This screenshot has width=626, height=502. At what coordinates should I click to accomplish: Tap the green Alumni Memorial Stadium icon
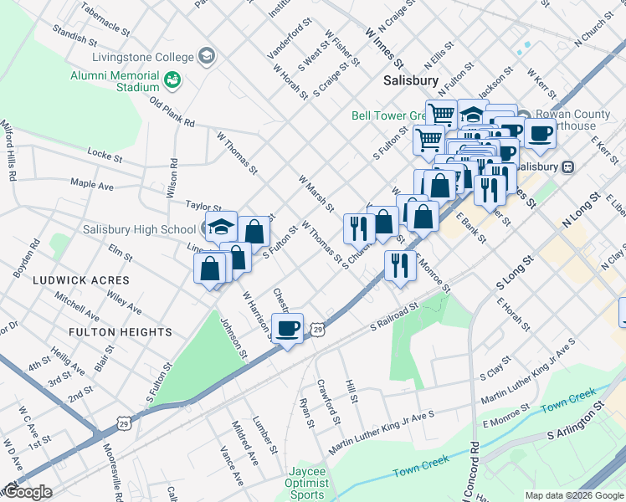(x=174, y=80)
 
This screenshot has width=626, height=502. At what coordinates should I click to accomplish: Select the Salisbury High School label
(x=139, y=229)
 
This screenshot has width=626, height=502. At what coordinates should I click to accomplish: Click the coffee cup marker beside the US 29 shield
(x=288, y=329)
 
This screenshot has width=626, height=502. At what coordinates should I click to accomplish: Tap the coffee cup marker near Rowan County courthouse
(x=540, y=133)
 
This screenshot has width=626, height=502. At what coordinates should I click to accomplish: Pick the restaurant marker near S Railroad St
(x=400, y=266)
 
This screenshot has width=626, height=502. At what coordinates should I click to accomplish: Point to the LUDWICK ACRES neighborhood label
(x=82, y=279)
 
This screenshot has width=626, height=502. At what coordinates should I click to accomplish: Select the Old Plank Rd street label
(x=172, y=111)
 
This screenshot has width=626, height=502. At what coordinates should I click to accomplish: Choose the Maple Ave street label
(x=92, y=183)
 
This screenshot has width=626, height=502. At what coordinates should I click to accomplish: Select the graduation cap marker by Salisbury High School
(x=222, y=227)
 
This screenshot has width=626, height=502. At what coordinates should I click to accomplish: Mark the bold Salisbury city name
(x=411, y=81)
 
